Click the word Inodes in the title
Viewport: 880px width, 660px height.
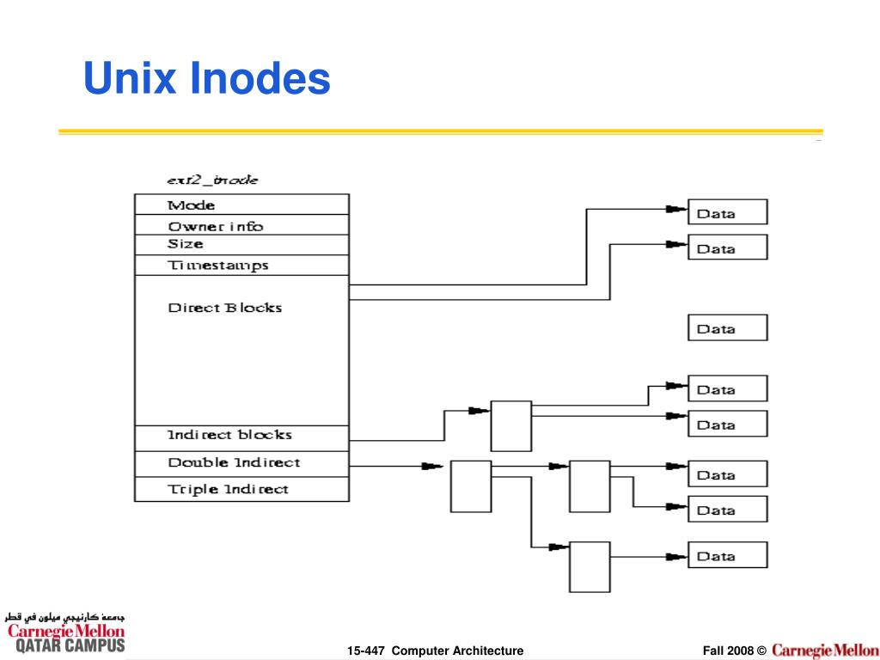point(260,78)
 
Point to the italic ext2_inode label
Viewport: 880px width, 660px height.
point(212,180)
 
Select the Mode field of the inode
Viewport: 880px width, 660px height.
point(241,205)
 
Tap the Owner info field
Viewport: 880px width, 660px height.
point(241,225)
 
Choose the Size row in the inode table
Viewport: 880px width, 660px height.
point(241,245)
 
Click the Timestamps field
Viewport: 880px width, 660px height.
point(241,266)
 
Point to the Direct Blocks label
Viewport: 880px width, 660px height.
point(224,308)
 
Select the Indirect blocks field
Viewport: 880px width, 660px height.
point(241,438)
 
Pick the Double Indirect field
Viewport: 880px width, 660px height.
point(241,464)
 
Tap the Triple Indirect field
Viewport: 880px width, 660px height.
point(241,489)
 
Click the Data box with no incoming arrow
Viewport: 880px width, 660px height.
point(727,327)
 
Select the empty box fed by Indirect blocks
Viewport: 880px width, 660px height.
point(511,426)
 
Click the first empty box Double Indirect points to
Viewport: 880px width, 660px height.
point(471,486)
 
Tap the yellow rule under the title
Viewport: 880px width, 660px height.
point(441,132)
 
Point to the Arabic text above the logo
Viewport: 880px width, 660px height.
point(64,617)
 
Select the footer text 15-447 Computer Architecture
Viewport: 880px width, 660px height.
point(436,651)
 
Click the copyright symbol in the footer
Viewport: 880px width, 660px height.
point(761,651)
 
